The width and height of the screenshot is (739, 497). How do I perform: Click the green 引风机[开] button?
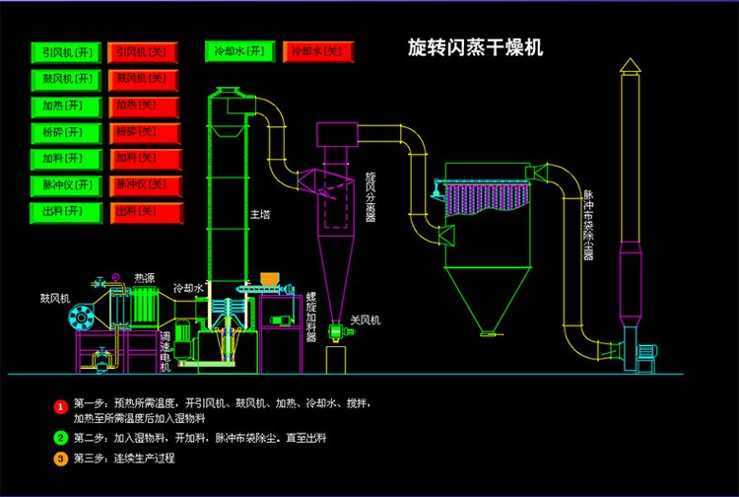[67, 51]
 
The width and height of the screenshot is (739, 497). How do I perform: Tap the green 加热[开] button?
[67, 105]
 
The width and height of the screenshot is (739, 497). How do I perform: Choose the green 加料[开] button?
[67, 158]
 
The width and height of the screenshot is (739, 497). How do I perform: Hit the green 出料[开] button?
[67, 211]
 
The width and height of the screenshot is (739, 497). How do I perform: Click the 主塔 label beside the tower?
[259, 213]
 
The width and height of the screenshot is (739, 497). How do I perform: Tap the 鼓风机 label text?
[55, 296]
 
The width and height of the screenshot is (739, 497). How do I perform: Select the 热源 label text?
[145, 277]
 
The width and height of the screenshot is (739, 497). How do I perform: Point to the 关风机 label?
[364, 320]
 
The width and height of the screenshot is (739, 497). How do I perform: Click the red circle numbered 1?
[60, 405]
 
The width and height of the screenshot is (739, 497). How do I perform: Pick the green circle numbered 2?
[60, 437]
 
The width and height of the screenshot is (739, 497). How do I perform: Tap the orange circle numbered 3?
[60, 459]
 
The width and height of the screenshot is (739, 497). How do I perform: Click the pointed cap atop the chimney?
[630, 66]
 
